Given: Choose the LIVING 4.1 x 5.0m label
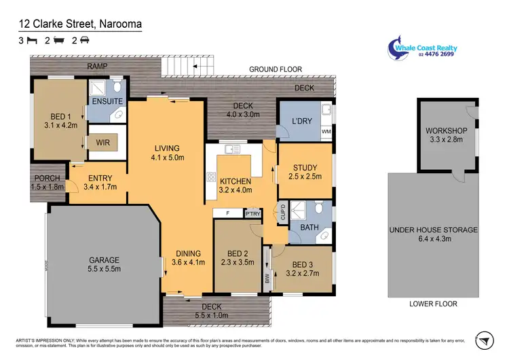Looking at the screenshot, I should (x=166, y=153).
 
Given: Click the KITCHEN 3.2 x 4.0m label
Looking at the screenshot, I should (x=235, y=186).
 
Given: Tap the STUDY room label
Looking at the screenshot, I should (x=305, y=173).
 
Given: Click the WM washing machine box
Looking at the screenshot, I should (x=325, y=131).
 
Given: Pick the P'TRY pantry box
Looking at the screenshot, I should (x=252, y=213).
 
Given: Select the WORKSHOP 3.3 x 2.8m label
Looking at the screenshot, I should (x=446, y=134).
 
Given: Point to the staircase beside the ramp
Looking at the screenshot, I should (x=186, y=67).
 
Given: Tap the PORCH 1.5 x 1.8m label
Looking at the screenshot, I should (x=47, y=182).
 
